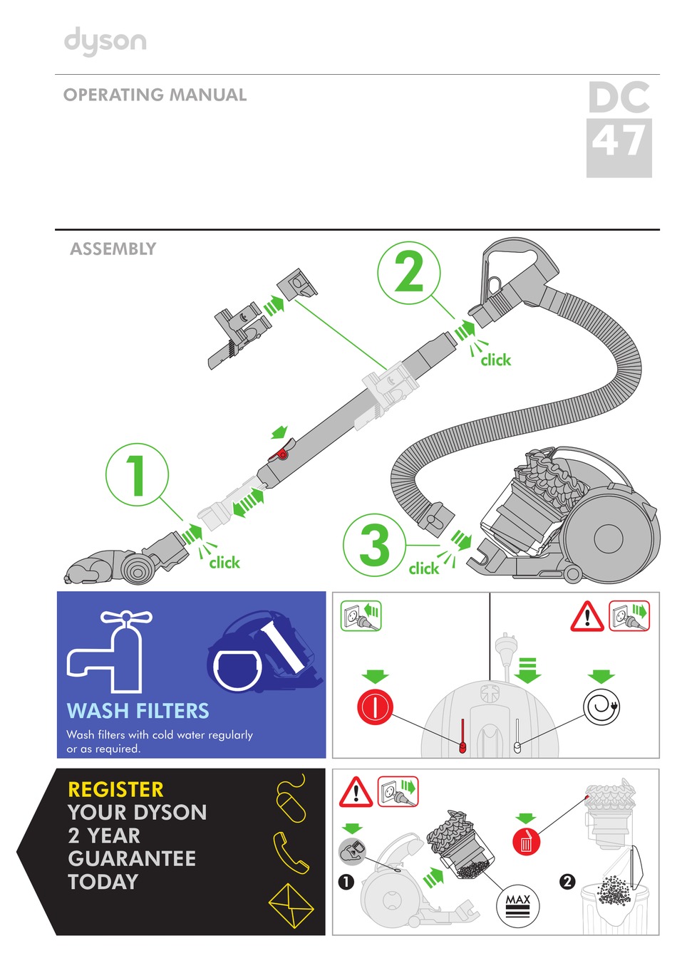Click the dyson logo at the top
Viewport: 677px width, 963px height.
(105, 41)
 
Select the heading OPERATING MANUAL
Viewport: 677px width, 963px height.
(155, 95)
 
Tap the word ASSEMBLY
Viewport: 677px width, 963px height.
(113, 249)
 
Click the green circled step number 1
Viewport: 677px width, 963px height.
(137, 474)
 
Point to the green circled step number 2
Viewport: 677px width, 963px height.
(408, 272)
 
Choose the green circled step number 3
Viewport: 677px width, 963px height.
(374, 545)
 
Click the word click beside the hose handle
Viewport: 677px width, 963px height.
(495, 360)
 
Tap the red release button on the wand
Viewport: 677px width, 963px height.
(282, 453)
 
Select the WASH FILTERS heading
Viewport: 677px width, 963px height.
(138, 711)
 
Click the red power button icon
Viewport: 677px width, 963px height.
(375, 707)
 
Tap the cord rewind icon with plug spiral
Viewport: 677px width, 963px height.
(601, 707)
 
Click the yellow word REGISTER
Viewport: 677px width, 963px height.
(115, 789)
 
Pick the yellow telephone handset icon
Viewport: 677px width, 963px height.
(291, 853)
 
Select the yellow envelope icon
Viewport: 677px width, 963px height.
(291, 905)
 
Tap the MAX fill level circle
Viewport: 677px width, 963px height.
(518, 906)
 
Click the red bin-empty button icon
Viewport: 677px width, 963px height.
(526, 842)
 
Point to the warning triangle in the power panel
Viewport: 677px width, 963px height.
(586, 616)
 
